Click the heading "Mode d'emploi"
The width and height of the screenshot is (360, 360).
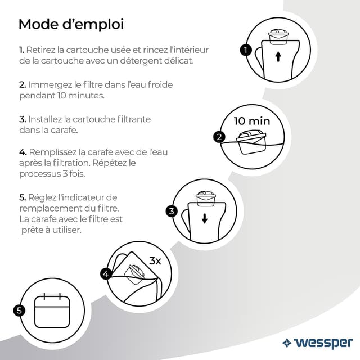[71, 24]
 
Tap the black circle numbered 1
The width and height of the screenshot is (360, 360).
[245, 49]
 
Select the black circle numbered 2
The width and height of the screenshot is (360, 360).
[219, 137]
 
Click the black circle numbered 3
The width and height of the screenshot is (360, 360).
[172, 211]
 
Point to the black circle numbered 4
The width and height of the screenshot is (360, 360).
[105, 274]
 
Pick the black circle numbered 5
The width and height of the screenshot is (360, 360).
[19, 310]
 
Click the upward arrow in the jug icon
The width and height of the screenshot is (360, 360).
[277, 57]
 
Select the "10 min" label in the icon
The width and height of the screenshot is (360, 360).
[251, 121]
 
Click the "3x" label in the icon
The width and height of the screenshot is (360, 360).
[155, 261]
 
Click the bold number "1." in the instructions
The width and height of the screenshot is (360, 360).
[22, 50]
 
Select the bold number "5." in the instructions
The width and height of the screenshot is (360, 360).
[22, 197]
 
